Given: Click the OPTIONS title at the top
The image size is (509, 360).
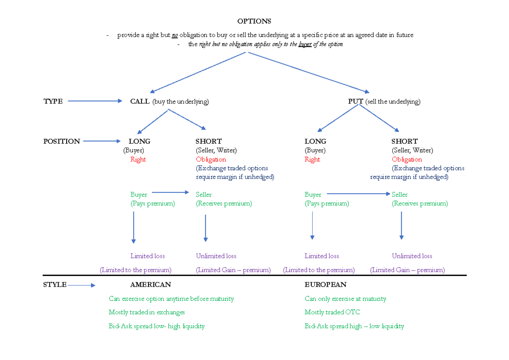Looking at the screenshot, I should click(x=254, y=21).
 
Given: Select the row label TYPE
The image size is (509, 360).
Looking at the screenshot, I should click(x=53, y=101).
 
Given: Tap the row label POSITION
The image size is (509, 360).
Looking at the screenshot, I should click(x=62, y=141).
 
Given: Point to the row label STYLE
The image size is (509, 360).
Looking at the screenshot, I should click(x=55, y=285).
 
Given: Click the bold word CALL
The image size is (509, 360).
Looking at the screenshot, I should click(x=140, y=101).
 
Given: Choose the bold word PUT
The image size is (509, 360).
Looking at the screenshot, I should click(x=355, y=101).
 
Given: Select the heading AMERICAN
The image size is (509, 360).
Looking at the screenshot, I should click(x=151, y=285).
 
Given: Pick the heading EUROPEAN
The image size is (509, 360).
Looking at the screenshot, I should click(x=325, y=285).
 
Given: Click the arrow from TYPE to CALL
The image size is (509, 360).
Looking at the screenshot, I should click(x=95, y=101).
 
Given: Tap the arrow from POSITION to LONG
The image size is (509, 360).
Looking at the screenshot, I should click(x=102, y=141).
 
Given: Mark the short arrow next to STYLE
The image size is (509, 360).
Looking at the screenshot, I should click(x=81, y=285).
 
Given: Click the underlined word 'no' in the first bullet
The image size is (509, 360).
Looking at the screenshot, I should click(x=175, y=35).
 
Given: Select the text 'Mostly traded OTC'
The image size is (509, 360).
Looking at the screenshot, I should click(x=332, y=312).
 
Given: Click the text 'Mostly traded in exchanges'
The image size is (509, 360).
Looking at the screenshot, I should click(x=147, y=312).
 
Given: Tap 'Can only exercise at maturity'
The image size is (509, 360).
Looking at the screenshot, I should click(x=345, y=299).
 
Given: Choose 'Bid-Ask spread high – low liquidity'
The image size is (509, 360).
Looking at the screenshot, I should click(x=354, y=326).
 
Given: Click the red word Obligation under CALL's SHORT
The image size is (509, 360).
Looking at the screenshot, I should click(x=211, y=159).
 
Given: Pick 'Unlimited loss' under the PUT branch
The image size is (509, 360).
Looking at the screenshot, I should click(x=412, y=256).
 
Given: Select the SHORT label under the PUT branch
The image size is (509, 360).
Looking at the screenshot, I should click(x=404, y=141).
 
